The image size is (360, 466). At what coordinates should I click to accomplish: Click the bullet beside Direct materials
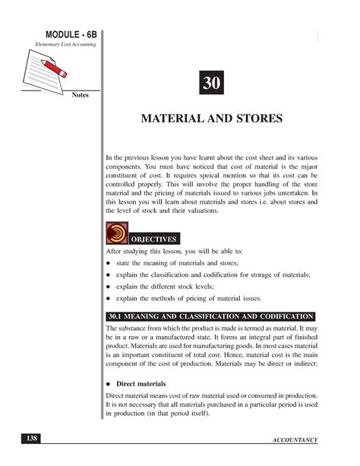click(109, 384)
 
